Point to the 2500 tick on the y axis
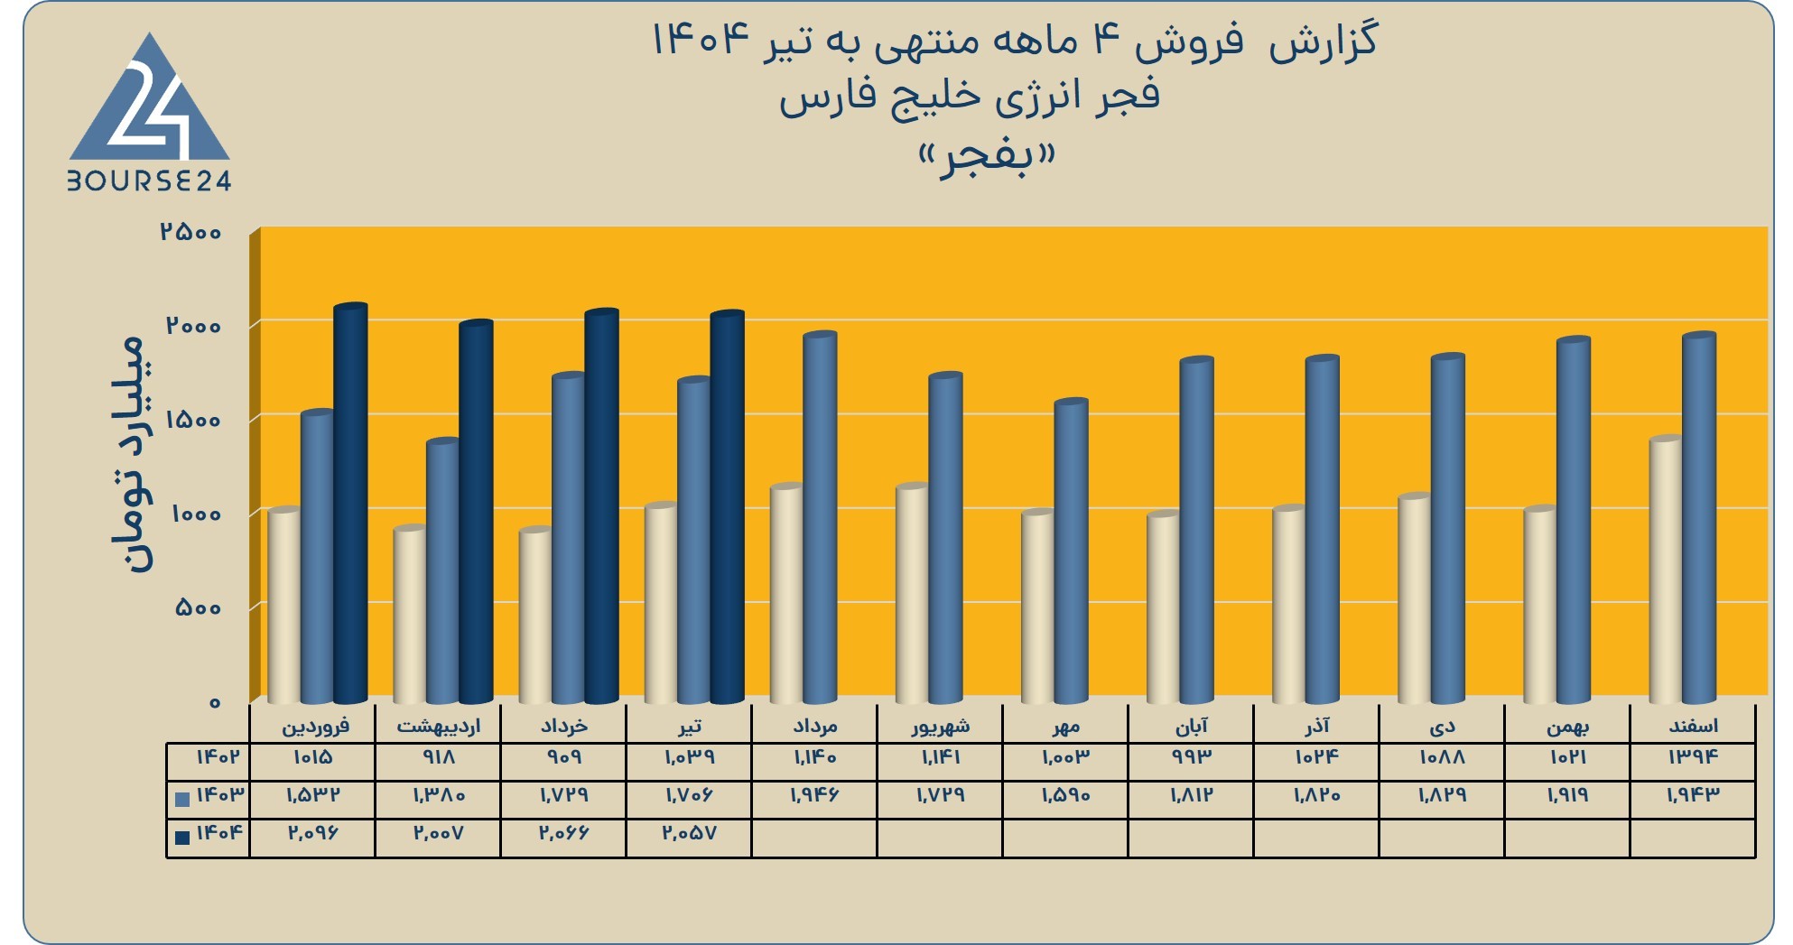pos(190,232)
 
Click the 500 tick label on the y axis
pos(198,607)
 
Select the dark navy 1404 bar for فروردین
pos(350,503)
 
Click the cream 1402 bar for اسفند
pos(1666,570)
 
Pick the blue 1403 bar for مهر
pos(1071,551)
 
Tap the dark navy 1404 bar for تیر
pos(727,506)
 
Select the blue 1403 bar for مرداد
pos(820,517)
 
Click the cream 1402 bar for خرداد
pos(535,616)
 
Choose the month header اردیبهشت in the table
pos(439,726)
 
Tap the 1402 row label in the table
pos(217,757)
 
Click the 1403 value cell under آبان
pos(1191,795)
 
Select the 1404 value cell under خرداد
pos(563,833)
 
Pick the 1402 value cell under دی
pos(1442,757)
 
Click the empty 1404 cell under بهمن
pos(1567,838)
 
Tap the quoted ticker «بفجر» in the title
pos(986,155)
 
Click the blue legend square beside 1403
pos(182,799)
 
